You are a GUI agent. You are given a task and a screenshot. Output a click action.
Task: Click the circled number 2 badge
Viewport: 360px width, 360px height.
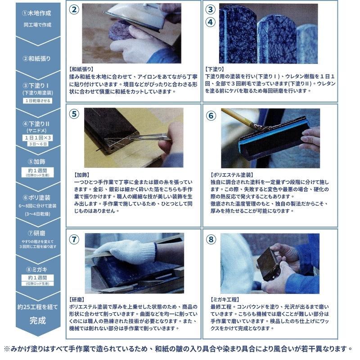[74, 9]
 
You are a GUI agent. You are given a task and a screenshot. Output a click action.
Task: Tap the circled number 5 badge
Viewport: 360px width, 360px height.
[74, 114]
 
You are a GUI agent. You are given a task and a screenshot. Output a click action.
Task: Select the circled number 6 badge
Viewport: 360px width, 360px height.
[211, 116]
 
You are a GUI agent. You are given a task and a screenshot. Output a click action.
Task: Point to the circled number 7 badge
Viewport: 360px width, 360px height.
[74, 239]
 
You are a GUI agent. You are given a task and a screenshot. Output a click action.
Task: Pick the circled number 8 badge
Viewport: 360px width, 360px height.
[211, 239]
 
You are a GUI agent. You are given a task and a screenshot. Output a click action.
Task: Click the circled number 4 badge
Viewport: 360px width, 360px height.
[210, 22]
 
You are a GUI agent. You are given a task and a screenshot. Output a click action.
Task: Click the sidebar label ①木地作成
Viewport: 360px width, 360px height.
[37, 13]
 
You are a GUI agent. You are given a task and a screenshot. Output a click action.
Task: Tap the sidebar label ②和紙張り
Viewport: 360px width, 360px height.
[37, 58]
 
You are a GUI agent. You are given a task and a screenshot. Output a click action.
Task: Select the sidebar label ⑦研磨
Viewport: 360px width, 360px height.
[37, 233]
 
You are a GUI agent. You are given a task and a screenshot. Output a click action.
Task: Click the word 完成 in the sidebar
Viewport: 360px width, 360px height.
[38, 320]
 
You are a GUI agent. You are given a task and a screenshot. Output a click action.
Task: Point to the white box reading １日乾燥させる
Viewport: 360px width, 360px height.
[38, 100]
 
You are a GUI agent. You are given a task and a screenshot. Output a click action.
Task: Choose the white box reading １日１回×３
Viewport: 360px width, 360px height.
[38, 138]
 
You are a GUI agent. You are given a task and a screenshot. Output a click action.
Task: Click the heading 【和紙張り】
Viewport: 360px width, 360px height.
[81, 69]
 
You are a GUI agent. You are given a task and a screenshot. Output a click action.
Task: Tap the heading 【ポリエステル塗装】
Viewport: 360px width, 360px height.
[232, 175]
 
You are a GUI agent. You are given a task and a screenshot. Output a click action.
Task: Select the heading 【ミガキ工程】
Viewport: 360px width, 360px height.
[225, 300]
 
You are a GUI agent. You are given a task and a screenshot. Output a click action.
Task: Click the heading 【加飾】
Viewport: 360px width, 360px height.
[82, 175]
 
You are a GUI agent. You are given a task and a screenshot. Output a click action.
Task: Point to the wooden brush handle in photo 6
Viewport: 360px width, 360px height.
[237, 117]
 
